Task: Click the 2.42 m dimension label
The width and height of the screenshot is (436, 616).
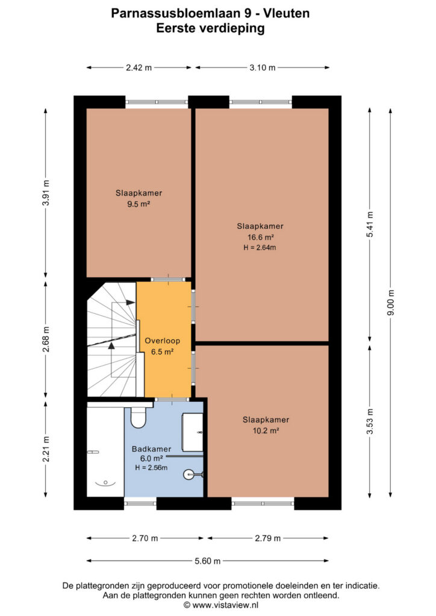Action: tap(139, 67)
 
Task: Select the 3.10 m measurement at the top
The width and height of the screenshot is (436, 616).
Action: tap(262, 67)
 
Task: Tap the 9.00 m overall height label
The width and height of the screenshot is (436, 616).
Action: tap(390, 302)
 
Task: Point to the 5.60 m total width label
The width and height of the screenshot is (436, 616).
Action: tap(208, 561)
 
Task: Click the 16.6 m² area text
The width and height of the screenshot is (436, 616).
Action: tap(260, 237)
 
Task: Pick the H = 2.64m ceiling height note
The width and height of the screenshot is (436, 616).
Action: tap(260, 247)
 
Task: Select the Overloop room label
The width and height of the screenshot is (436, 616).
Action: tap(163, 340)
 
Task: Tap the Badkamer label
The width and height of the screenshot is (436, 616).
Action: tap(151, 449)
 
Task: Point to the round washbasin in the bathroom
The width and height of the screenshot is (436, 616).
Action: tap(189, 474)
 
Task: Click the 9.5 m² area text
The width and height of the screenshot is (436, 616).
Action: tap(139, 204)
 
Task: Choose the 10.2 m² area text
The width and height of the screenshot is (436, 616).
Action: tap(266, 431)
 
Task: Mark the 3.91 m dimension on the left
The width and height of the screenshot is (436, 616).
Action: tap(46, 192)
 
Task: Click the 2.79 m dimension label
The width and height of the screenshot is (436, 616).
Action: tap(268, 538)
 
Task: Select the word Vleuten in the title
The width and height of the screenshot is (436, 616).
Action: tap(286, 13)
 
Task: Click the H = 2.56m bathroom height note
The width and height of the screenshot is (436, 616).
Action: tap(151, 467)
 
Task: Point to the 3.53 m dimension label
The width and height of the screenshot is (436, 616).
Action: tap(370, 422)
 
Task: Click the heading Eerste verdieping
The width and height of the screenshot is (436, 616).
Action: tap(210, 28)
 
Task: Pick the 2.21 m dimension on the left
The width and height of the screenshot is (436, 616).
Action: tap(46, 449)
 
